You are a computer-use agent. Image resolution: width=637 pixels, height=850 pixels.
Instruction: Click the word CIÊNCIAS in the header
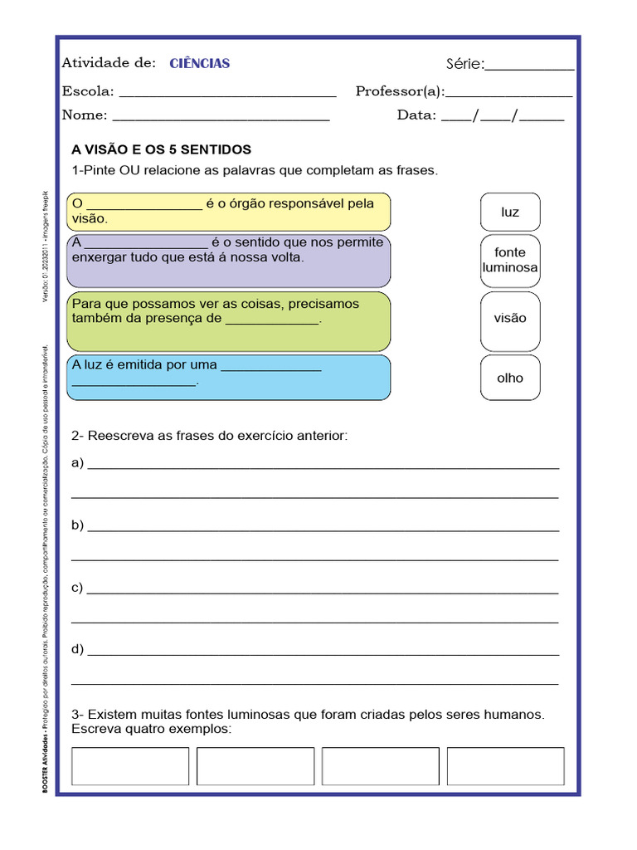click(200, 64)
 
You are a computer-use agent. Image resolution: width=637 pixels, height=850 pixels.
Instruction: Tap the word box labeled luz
click(510, 212)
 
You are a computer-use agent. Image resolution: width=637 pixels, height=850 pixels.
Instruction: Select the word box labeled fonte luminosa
click(510, 260)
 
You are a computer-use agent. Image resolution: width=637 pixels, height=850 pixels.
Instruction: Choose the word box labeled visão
click(510, 318)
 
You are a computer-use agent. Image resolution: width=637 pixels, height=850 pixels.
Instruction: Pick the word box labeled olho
click(510, 378)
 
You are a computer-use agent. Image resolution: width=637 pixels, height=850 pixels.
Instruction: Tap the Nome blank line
click(221, 118)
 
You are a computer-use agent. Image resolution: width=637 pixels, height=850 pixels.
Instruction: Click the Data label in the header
click(416, 115)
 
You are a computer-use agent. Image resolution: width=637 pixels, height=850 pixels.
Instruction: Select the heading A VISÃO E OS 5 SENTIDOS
click(162, 150)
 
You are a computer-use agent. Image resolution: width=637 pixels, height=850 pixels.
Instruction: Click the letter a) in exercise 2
click(78, 463)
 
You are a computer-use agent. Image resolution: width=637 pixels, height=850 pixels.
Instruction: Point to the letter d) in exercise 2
click(78, 649)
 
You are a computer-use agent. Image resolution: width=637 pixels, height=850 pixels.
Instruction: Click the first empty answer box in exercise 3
click(130, 766)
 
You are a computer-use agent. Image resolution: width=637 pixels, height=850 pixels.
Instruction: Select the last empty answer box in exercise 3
click(505, 766)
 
